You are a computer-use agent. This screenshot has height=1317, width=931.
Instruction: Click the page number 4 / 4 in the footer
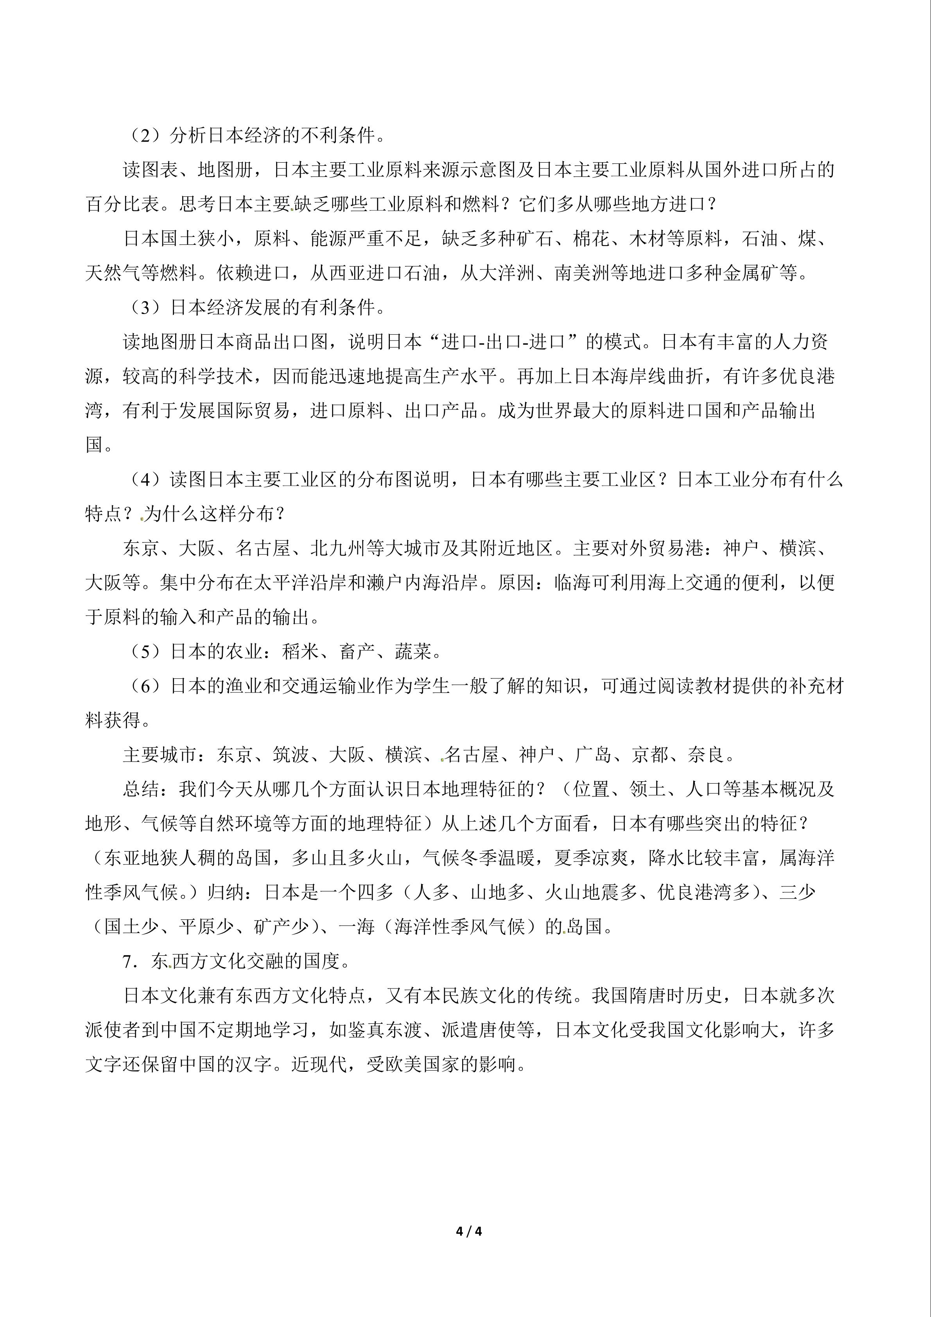pyautogui.click(x=468, y=1231)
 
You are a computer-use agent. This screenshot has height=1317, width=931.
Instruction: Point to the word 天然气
pyautogui.click(x=113, y=273)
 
